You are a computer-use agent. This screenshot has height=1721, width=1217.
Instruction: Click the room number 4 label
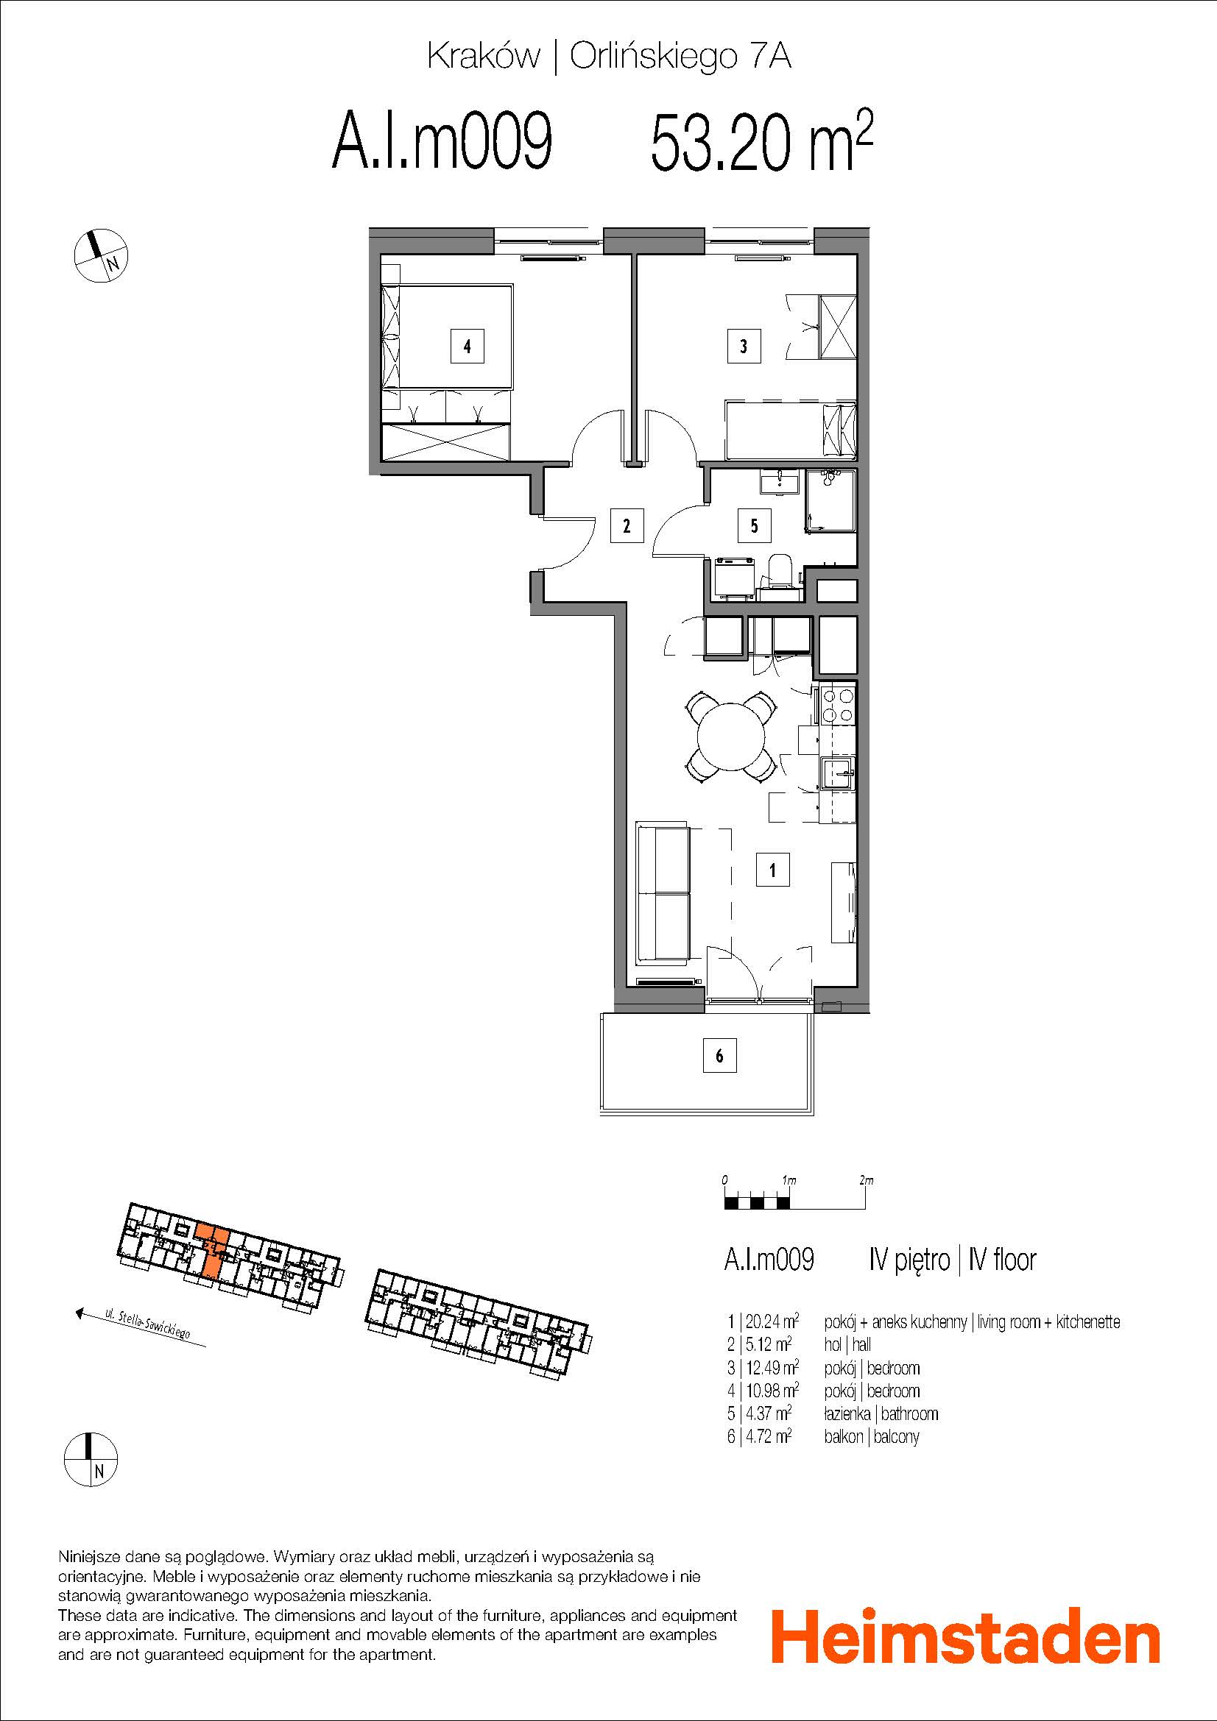pos(468,347)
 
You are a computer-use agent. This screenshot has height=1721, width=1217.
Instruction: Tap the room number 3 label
pos(743,347)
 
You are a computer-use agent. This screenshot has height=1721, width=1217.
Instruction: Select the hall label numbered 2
pos(626,525)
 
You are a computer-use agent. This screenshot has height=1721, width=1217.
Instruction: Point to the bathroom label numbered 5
pos(754,525)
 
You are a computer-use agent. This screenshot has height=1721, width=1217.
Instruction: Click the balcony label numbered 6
pos(719,1055)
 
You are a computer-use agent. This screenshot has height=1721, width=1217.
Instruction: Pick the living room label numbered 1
pos(772,870)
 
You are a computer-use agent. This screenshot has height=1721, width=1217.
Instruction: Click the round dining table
pos(730,736)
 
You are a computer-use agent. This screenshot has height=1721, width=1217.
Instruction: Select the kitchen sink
pos(837,773)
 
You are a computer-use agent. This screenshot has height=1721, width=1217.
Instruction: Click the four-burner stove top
pos(839,706)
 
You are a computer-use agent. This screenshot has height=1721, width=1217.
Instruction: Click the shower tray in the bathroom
pos(830,501)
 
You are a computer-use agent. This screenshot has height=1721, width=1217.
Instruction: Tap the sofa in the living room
pos(663,893)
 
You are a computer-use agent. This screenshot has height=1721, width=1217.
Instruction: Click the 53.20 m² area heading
pos(761,141)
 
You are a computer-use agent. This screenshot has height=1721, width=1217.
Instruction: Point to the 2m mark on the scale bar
pos(866,1179)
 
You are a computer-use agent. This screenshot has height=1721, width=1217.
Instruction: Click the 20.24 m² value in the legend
pos(769,1321)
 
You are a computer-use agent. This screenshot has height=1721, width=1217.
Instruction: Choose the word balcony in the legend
pos(895,1436)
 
